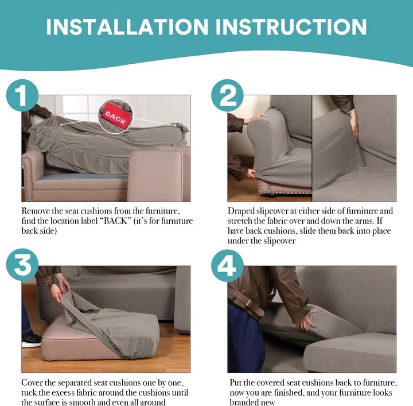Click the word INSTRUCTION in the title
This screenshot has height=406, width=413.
[291, 27]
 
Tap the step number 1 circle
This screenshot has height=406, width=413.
[22, 95]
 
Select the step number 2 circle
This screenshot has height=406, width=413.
[227, 95]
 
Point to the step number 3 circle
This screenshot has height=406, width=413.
[22, 264]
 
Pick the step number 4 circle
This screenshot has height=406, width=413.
[227, 266]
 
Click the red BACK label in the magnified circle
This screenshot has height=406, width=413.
[116, 116]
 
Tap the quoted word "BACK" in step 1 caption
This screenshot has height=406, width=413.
[115, 221]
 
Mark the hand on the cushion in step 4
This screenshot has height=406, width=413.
[306, 320]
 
